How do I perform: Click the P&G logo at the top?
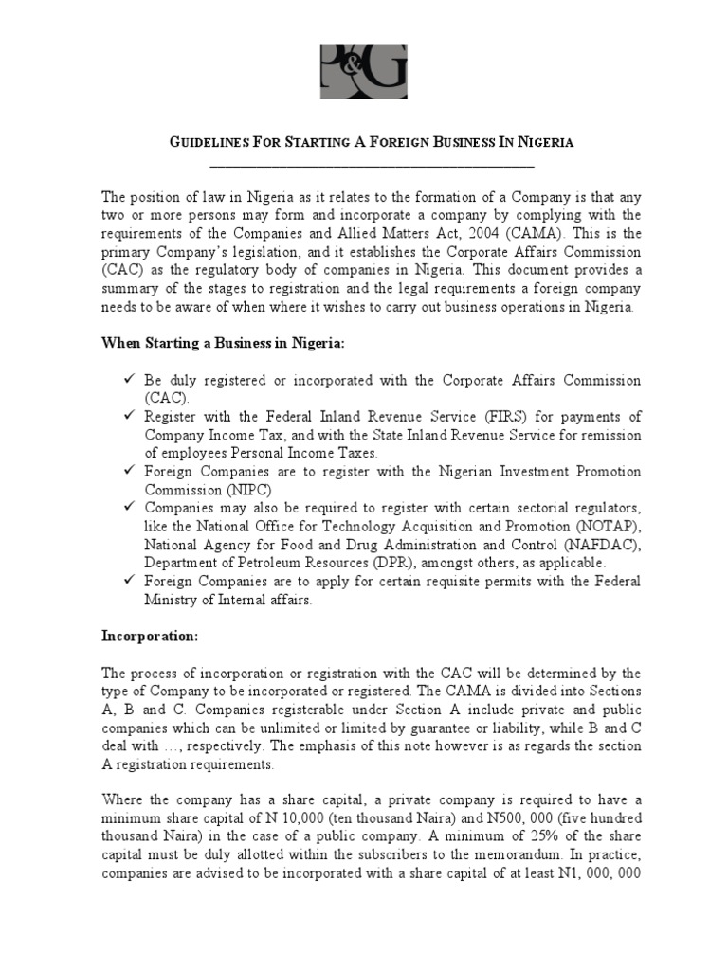[x=364, y=70]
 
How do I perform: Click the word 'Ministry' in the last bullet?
[x=173, y=600]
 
